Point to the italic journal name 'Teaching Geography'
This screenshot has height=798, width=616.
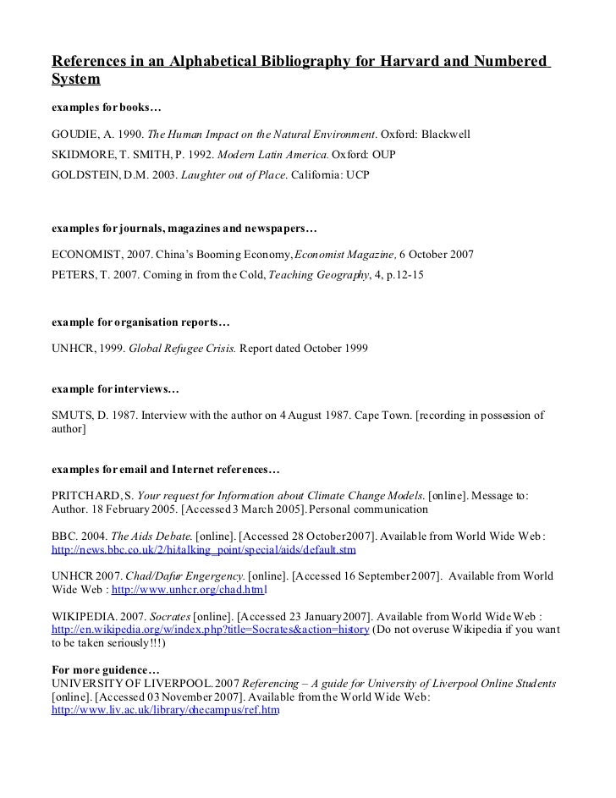pos(319,275)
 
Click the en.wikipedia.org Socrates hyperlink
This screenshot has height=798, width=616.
pos(210,630)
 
